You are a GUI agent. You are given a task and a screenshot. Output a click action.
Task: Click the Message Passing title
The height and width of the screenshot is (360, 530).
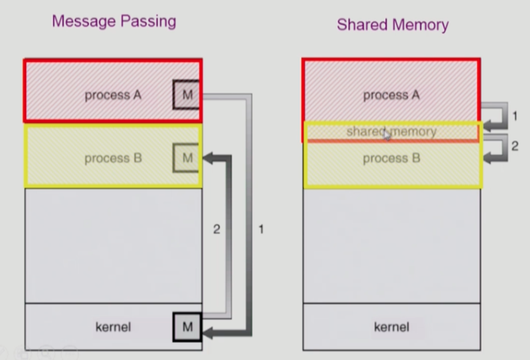tap(113, 21)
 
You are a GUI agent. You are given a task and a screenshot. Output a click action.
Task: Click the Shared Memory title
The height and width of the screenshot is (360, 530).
tap(392, 25)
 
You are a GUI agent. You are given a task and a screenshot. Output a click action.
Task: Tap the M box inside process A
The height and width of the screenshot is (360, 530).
tap(187, 95)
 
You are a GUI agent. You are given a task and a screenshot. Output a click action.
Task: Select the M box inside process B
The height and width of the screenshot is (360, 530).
tap(187, 158)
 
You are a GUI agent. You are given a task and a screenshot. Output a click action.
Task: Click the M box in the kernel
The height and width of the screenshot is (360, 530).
tap(187, 326)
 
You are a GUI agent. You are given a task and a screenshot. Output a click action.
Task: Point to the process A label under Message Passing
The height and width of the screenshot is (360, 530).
tap(112, 95)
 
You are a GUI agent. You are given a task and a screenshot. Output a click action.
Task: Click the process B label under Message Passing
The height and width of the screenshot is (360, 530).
tap(112, 158)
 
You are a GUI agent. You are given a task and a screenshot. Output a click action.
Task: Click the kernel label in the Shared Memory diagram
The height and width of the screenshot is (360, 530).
tap(391, 327)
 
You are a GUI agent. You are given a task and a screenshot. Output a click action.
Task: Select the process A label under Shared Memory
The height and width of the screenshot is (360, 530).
tap(391, 95)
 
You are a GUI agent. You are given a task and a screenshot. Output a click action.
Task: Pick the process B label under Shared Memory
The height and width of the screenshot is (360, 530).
tap(391, 159)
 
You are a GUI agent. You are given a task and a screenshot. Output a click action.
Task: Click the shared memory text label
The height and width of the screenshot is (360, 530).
tap(391, 132)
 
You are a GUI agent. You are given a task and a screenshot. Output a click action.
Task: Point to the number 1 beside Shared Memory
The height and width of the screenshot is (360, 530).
tap(514, 116)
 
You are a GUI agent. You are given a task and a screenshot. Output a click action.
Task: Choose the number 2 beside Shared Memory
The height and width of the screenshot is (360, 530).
tap(514, 147)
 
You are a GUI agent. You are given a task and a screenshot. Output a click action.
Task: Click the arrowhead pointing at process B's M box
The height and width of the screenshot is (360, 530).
tap(210, 159)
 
